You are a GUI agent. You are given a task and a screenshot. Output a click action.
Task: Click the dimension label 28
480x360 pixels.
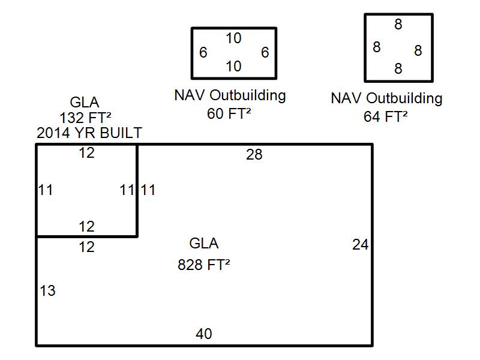coord(254,155)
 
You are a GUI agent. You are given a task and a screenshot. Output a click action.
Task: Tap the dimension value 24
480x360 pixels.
coord(360,245)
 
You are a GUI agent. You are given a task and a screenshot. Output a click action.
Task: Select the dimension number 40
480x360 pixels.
coord(204,334)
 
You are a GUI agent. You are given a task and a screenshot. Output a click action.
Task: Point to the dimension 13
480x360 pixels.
coord(47,291)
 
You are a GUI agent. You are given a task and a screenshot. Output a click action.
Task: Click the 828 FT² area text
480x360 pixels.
coord(204,265)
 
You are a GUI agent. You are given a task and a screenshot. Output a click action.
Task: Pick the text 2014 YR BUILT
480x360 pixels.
coord(89,133)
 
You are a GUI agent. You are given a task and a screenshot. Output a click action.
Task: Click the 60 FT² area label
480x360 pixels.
coord(229,113)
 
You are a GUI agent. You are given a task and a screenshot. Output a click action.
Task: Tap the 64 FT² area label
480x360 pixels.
coord(386,116)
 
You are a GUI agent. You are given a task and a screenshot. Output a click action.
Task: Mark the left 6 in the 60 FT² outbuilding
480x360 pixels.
coord(203,53)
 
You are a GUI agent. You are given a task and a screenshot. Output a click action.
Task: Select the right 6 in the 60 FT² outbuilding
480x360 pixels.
coord(265,53)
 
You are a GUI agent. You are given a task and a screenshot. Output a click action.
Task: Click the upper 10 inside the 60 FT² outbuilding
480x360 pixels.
coord(233,38)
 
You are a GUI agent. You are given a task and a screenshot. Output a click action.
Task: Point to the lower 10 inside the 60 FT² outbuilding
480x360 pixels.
coord(233,66)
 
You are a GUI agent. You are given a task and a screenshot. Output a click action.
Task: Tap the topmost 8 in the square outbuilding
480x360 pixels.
coord(398,25)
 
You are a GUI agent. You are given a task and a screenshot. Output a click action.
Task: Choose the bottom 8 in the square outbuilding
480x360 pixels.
coord(398,69)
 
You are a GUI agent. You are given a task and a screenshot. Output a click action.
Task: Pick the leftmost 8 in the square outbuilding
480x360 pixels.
coord(376,47)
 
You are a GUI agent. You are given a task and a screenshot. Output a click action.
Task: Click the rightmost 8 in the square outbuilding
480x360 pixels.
coord(418,50)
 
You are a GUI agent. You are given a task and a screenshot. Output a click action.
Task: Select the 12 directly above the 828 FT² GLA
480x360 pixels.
coord(87,247)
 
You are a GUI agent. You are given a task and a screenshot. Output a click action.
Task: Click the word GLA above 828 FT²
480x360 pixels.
coord(204,244)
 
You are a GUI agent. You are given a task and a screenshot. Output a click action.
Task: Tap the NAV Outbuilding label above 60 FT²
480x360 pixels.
coord(230,95)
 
